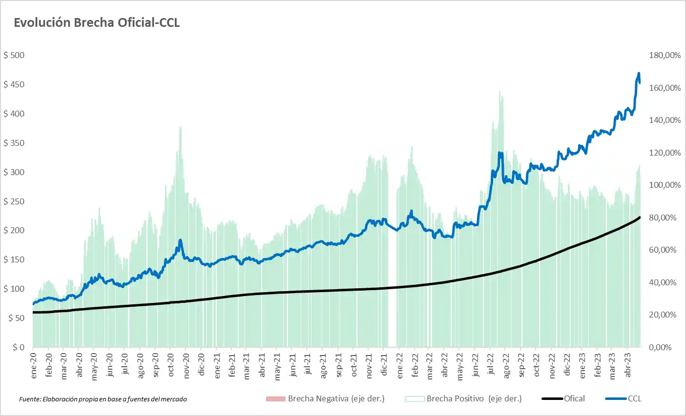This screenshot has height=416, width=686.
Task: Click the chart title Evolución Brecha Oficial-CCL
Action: [97, 23]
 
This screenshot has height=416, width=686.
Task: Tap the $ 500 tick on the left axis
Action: [14, 55]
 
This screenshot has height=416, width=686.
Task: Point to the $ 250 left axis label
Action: [14, 201]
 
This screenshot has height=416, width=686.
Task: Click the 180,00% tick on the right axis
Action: [665, 55]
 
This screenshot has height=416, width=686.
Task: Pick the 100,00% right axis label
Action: [665, 185]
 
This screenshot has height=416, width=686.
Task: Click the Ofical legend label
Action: [574, 398]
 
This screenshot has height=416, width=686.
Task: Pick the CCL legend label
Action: [634, 398]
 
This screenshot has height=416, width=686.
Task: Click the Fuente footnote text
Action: [103, 399]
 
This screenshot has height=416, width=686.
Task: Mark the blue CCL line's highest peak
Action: [639, 74]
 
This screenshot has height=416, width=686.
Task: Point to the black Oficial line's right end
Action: [640, 217]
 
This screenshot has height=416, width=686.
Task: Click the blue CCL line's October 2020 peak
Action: [180, 240]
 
